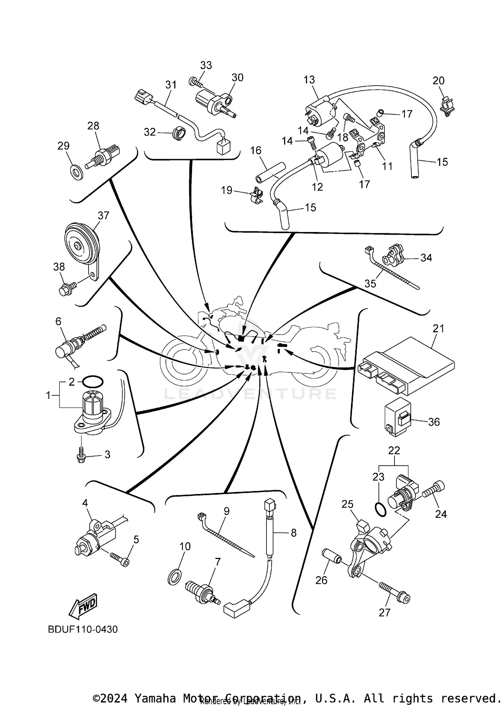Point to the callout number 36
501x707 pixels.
pyautogui.click(x=434, y=422)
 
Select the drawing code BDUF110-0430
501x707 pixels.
pyautogui.click(x=83, y=629)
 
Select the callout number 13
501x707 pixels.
pyautogui.click(x=309, y=80)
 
